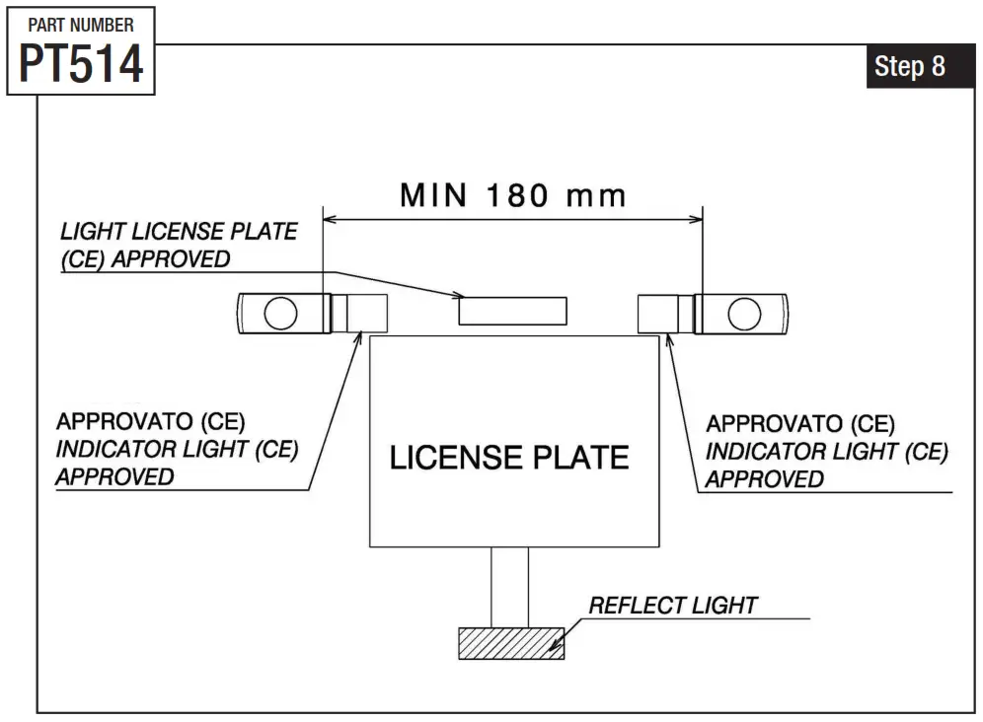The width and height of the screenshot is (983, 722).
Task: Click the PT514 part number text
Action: tap(81, 63)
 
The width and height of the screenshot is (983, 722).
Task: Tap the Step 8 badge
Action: tap(909, 66)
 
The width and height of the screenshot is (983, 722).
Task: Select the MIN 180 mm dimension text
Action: tap(513, 195)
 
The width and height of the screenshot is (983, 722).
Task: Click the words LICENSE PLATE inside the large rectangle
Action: tap(509, 458)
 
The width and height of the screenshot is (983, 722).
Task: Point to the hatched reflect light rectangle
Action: tap(510, 642)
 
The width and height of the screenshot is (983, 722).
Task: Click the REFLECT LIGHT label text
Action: tap(673, 605)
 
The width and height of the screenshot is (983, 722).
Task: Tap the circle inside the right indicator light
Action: tap(744, 314)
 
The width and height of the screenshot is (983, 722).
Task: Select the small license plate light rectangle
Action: tap(512, 310)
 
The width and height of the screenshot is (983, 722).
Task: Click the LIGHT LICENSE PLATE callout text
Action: tap(179, 231)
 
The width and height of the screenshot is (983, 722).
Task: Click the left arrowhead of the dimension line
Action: tap(331, 219)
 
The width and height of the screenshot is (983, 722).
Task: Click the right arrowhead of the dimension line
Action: tap(697, 219)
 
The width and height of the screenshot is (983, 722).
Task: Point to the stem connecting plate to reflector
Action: tap(509, 586)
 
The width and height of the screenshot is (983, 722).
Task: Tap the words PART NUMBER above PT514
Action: tap(81, 25)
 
